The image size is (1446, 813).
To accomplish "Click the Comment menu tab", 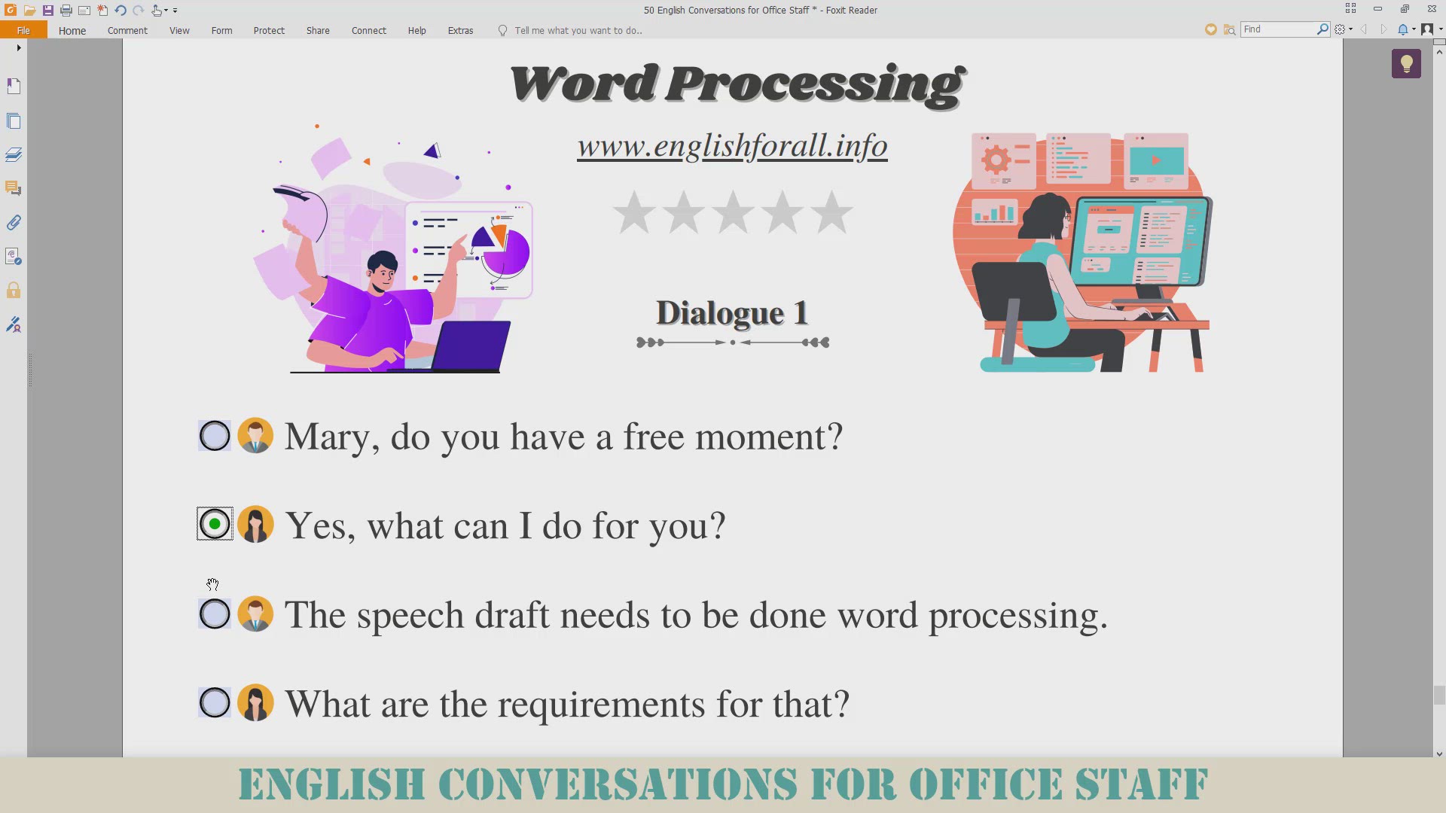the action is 127,31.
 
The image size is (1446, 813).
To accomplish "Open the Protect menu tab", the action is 269,31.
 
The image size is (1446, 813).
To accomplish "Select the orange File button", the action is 23,30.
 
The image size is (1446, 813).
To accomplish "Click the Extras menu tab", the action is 460,31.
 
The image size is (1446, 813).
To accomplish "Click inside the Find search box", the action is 1279,29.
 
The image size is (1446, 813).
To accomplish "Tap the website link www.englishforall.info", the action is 732,145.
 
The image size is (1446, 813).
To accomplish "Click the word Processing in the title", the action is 816,84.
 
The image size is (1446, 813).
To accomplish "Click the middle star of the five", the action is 733,212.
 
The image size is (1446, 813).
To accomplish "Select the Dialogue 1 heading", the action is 732,313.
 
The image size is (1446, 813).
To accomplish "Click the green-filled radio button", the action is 215,524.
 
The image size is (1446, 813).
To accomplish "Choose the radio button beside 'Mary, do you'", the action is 215,436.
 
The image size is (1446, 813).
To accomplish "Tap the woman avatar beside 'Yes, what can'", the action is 255,524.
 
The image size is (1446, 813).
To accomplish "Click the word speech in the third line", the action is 410,617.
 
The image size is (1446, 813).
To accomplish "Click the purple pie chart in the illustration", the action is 505,250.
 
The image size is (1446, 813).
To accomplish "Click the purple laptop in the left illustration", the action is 468,346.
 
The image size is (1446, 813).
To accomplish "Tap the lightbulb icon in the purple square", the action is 1406,64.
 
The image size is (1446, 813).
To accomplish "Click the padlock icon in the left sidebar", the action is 14,291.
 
